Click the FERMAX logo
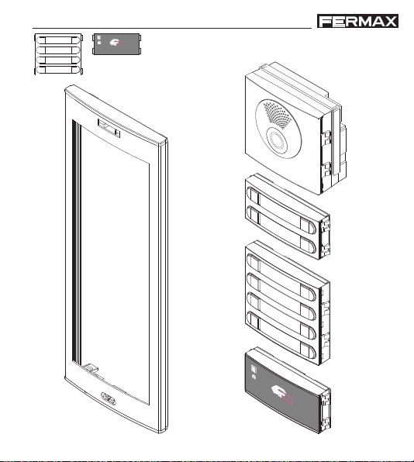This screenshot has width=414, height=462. point(357,21)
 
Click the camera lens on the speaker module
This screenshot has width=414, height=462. point(278,140)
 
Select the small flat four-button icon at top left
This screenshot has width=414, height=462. point(59,54)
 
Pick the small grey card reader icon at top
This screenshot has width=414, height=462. point(117,44)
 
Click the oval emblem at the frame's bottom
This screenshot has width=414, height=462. point(109,398)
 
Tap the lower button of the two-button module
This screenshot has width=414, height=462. point(281,229)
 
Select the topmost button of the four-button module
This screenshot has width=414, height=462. point(281,278)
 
